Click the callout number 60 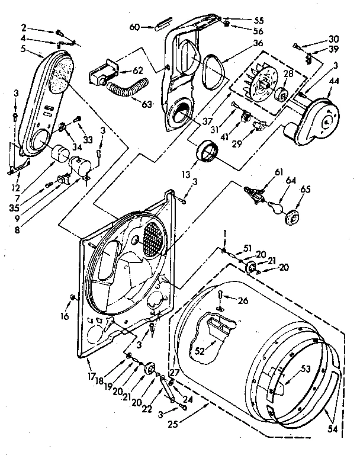tap(134, 27)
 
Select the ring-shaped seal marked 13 tap(207, 152)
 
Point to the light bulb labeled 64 tap(274, 207)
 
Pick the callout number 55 tap(242, 19)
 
